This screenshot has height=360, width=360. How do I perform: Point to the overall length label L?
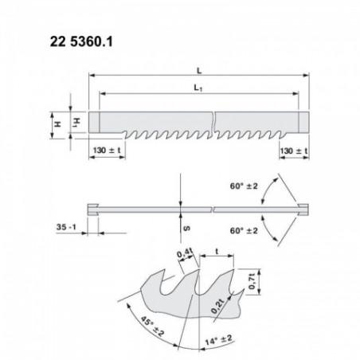click(x=198, y=70)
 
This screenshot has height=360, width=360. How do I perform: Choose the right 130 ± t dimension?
click(x=294, y=149)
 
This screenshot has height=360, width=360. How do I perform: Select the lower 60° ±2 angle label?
click(x=243, y=230)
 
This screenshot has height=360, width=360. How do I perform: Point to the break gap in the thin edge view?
click(x=214, y=209)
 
